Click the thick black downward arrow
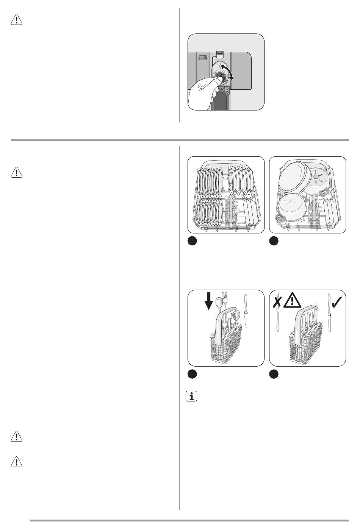pos(209,301)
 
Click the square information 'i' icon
pos(192,397)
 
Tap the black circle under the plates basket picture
pos(193,241)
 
